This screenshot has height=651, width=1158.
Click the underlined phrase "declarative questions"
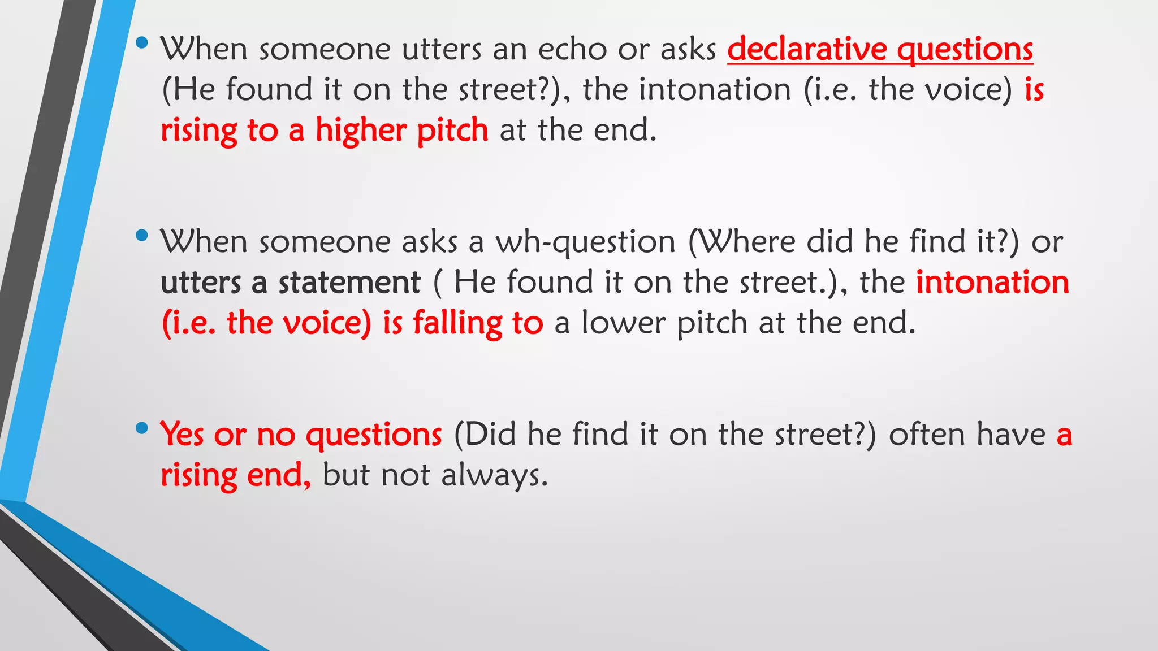pyautogui.click(x=880, y=49)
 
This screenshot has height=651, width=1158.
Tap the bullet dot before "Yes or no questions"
pyautogui.click(x=142, y=428)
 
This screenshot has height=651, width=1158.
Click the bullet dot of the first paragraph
pyautogui.click(x=142, y=42)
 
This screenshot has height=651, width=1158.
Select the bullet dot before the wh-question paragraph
pyautogui.click(x=142, y=235)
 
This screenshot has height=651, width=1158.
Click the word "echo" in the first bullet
pyautogui.click(x=572, y=49)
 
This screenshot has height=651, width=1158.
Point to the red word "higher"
pyautogui.click(x=361, y=131)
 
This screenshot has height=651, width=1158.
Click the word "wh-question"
pyautogui.click(x=585, y=242)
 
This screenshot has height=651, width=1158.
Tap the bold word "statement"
pyautogui.click(x=349, y=283)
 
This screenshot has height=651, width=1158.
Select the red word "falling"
pyautogui.click(x=457, y=323)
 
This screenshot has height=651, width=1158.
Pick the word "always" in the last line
pyautogui.click(x=494, y=475)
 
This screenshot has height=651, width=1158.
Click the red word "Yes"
pyautogui.click(x=182, y=435)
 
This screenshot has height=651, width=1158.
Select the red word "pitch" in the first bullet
pyautogui.click(x=452, y=131)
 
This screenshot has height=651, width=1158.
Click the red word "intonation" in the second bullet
pyautogui.click(x=992, y=283)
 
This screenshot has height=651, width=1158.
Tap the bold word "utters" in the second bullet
pyautogui.click(x=201, y=283)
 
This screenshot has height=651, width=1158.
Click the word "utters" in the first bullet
pyautogui.click(x=441, y=49)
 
